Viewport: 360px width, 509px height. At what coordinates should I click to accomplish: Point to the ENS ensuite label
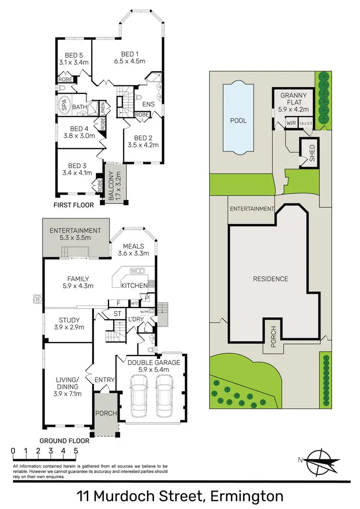[147, 103]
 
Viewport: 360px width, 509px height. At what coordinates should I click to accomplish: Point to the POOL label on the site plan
[238, 120]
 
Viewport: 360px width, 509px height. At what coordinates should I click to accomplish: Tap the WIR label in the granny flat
[290, 123]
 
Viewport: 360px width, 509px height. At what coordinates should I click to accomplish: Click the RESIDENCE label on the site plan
[270, 279]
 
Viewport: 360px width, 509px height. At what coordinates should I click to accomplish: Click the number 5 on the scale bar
[76, 450]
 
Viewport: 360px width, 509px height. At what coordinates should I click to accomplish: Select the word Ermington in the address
[244, 495]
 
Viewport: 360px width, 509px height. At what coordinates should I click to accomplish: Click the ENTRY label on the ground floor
[105, 380]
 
